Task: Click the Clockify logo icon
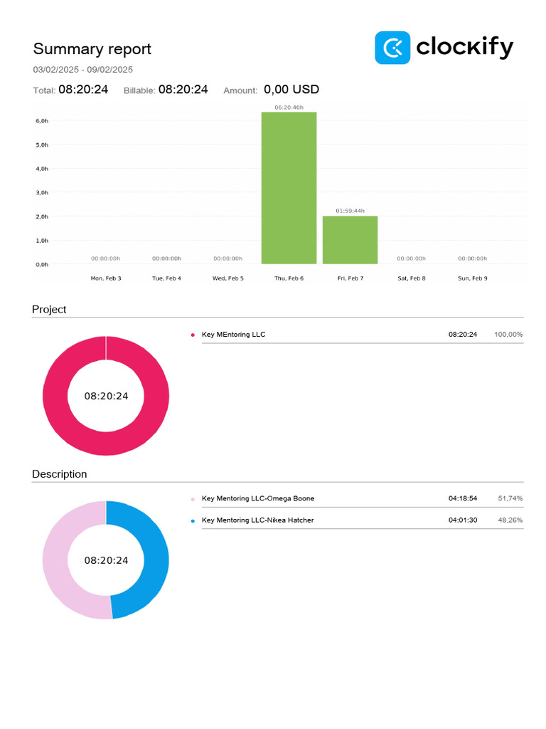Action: point(392,48)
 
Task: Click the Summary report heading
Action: point(92,49)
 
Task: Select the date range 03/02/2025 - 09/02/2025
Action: point(82,70)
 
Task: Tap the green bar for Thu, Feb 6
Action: point(289,188)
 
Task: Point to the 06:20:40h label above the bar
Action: point(289,107)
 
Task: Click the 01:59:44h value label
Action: point(350,211)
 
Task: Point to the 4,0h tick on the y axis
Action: point(42,169)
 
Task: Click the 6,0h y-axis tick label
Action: point(42,121)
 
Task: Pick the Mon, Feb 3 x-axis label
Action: point(106,278)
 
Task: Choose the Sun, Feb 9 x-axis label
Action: point(472,278)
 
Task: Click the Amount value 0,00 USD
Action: point(291,90)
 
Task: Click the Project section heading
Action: point(49,310)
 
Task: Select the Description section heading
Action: point(60,474)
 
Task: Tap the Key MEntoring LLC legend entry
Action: point(233,335)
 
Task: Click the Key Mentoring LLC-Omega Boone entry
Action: point(257,499)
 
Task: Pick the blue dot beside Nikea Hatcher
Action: point(193,521)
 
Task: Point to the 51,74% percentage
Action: point(510,499)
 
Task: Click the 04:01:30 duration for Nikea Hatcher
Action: point(462,520)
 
